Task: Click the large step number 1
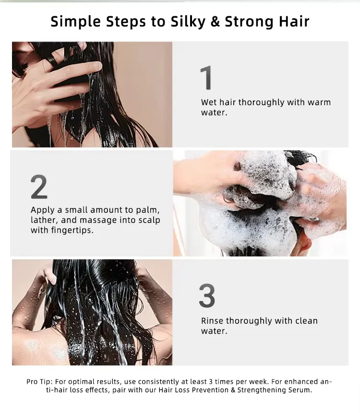tap(206, 78)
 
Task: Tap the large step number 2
tap(39, 187)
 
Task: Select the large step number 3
tap(207, 296)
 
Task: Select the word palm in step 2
tap(148, 210)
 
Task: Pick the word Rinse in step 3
tap(212, 321)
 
